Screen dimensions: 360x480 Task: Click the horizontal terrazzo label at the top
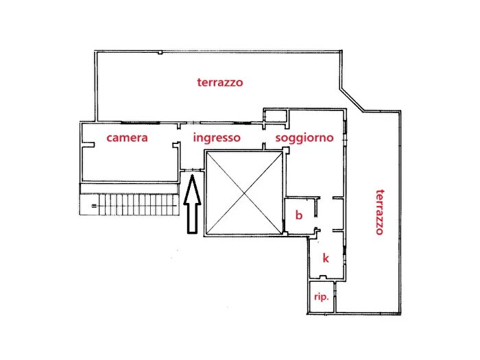pyautogui.click(x=220, y=82)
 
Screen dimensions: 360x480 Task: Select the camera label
pyautogui.click(x=127, y=138)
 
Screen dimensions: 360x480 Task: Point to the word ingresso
pyautogui.click(x=217, y=138)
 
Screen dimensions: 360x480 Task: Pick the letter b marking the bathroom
pyautogui.click(x=298, y=215)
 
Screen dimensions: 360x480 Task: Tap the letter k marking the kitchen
pyautogui.click(x=326, y=258)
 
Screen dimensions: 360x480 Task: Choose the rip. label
pyautogui.click(x=321, y=298)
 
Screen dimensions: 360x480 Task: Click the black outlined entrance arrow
pyautogui.click(x=193, y=206)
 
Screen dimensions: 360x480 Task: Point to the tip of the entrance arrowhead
pyautogui.click(x=193, y=177)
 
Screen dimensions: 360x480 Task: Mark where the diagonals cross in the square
pyautogui.click(x=244, y=193)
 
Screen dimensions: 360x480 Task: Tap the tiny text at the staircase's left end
pyautogui.click(x=92, y=204)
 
